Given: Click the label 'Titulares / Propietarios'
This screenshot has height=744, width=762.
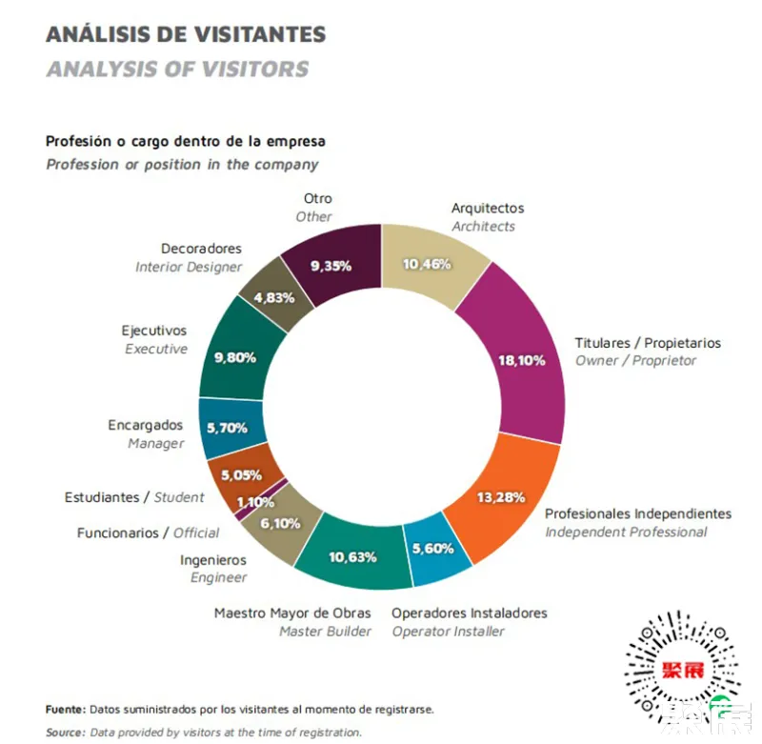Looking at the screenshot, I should (x=648, y=343).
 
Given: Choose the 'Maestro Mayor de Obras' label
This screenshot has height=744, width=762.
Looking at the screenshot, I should (x=292, y=613).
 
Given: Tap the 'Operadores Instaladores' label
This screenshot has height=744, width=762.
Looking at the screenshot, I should (x=469, y=613).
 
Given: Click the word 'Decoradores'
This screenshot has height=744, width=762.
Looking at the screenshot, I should (x=201, y=249).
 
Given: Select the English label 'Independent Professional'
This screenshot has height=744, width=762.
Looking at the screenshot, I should (x=626, y=532).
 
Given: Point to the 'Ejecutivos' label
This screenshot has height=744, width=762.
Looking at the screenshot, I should (x=154, y=331).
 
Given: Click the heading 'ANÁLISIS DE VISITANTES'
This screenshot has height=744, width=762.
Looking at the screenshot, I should (x=186, y=34).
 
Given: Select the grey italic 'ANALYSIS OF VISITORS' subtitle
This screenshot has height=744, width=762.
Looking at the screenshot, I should (x=177, y=69).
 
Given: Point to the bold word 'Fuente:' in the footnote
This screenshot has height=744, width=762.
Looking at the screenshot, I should (x=66, y=710).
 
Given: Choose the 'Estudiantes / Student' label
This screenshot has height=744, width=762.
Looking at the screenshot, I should (x=134, y=497).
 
